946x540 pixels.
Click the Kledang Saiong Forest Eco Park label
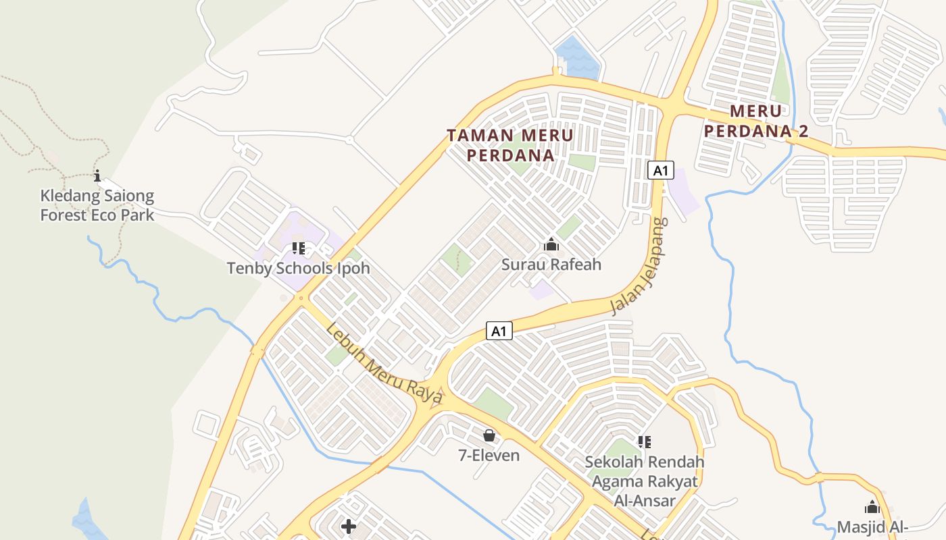(97, 206)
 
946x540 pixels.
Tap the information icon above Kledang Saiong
(97, 176)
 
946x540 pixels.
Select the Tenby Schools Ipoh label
(298, 268)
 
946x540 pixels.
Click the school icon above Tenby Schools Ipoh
(299, 248)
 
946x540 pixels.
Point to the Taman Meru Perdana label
(510, 145)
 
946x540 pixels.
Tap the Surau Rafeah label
(551, 264)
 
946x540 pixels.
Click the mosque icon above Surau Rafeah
(551, 244)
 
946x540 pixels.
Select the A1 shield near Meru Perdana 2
(660, 170)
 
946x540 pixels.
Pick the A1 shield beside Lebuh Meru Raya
(499, 331)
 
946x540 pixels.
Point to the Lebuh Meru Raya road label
(383, 364)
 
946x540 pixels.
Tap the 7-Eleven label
(489, 455)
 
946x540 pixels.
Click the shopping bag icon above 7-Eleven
(489, 436)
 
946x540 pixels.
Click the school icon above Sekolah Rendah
(644, 442)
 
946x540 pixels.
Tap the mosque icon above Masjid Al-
(872, 507)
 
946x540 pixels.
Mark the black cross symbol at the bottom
(349, 526)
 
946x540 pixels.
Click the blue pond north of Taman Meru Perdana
(576, 57)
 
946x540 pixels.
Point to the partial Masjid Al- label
(872, 526)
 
